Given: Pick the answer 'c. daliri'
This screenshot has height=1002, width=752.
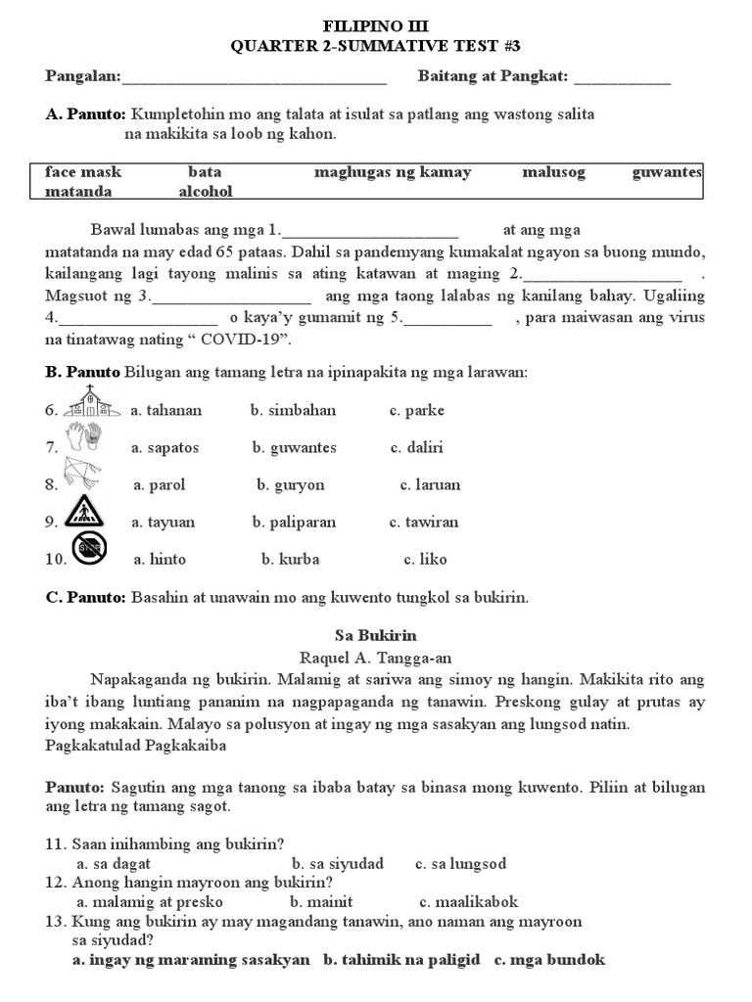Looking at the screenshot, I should pos(417,447).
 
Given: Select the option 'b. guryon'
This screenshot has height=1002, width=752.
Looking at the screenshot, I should pos(291,484).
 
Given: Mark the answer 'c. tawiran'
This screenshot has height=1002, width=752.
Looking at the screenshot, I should pos(424,522).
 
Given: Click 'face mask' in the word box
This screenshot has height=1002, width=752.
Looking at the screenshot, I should pos(83,172).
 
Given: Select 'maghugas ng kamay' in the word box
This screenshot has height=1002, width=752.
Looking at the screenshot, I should pos(393,172).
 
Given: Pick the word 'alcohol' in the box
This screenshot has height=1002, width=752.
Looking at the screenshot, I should pos(207,192).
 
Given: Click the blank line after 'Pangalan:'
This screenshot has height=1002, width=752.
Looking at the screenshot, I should pos(255,77).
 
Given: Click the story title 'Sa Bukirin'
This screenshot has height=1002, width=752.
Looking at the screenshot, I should pos(376,635).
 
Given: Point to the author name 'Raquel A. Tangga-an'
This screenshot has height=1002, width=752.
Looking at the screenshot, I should pos(376,658).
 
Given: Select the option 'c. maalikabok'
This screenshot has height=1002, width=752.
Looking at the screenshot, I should pos(469,901).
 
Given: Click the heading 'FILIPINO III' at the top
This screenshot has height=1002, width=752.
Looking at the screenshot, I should pos(376,25).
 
